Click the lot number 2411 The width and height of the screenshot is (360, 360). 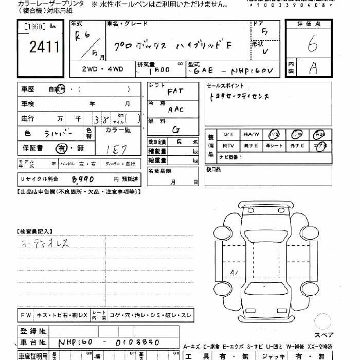[44, 48]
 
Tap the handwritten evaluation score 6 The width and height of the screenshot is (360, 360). [312, 46]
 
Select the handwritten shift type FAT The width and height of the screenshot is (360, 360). [175, 92]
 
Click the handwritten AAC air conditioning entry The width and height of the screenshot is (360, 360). [175, 110]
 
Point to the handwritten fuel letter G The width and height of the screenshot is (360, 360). [176, 130]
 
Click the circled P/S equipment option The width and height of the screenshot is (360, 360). [275, 134]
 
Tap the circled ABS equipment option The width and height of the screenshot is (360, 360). [319, 134]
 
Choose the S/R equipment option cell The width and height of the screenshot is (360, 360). [228, 134]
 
